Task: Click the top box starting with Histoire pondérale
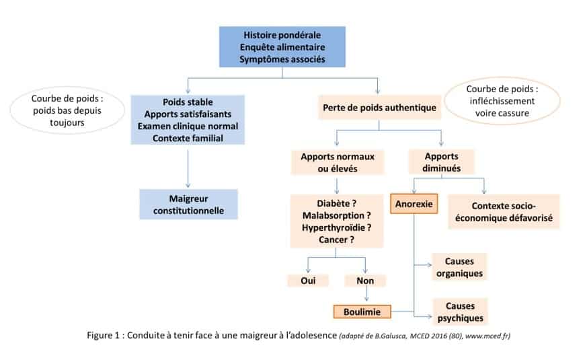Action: (x=282, y=46)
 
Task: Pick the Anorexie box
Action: (x=413, y=203)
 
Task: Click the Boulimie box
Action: (x=362, y=312)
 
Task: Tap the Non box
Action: (x=365, y=280)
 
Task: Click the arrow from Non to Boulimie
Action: (x=365, y=295)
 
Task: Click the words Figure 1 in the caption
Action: (x=107, y=336)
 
